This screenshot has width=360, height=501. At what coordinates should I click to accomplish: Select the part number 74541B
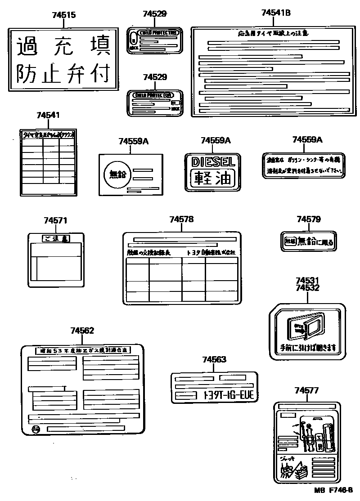(x=276, y=13)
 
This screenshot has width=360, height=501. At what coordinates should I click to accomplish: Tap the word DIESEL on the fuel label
(x=213, y=161)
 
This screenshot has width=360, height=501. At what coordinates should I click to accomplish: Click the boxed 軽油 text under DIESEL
(x=213, y=178)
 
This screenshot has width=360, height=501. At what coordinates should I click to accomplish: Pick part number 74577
(x=306, y=390)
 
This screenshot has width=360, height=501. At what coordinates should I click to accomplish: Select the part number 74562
(x=82, y=331)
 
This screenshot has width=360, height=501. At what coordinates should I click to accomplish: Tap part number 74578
(x=182, y=219)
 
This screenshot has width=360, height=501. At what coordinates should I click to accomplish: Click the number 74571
(x=55, y=220)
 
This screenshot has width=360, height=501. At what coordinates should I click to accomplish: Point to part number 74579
(x=309, y=219)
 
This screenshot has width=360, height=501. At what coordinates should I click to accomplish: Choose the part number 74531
(x=308, y=281)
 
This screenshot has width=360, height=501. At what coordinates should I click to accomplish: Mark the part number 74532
(x=308, y=288)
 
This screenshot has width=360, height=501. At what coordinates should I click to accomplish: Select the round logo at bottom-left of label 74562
(x=36, y=429)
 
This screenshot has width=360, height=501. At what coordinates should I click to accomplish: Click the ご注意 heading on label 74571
(x=55, y=239)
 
